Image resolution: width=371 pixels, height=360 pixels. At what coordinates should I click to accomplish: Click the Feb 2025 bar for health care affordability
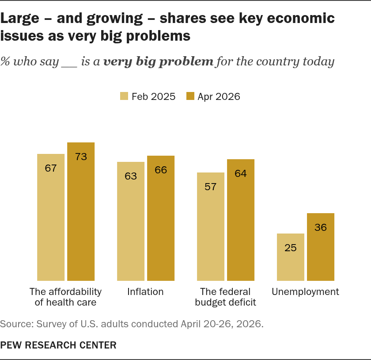pos(51,217)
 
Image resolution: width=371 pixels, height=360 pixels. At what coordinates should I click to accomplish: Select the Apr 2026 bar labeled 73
pos(81,212)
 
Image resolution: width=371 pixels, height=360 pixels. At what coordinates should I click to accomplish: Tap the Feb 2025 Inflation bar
pos(131,222)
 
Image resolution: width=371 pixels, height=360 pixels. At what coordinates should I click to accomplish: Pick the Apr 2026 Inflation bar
pos(161,218)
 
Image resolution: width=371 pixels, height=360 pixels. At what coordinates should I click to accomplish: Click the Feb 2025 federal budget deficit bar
pos(211,226)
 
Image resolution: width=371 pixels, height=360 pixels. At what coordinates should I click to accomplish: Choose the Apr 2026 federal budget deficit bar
pos(241,220)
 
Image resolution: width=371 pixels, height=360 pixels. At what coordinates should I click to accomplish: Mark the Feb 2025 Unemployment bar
pos(291,257)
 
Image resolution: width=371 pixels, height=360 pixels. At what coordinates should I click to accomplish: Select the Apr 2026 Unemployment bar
pos(321,247)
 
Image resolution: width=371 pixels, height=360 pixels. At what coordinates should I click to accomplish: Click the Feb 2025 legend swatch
pos(124,96)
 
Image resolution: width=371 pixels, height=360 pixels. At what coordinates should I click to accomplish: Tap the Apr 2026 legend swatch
pos(190,96)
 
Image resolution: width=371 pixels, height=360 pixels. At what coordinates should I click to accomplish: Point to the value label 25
pos(291,248)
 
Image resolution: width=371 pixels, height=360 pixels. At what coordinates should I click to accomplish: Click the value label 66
pos(161,170)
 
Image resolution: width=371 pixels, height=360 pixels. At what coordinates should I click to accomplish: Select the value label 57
pos(211,187)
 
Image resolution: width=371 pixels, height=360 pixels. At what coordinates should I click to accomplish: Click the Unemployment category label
pos(305,292)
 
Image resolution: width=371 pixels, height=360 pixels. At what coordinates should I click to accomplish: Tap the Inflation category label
pos(145,292)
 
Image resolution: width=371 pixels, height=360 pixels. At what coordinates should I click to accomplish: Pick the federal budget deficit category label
pos(226,297)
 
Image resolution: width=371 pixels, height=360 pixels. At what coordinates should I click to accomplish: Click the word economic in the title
pos(301,18)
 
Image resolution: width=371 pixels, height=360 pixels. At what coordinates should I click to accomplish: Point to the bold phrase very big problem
pos(159,61)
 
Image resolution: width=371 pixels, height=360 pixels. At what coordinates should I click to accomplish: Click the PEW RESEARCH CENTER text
pos(58,345)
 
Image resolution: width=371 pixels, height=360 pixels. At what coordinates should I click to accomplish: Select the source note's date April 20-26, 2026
pos(222,324)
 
